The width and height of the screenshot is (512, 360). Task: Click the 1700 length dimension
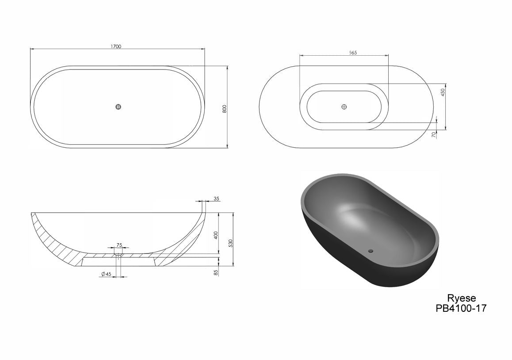(116, 46)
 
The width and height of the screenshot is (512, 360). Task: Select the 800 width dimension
(224, 109)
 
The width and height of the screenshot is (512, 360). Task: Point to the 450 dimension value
(443, 92)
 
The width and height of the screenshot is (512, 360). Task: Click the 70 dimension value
(434, 134)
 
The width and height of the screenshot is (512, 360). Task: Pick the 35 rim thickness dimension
(216, 198)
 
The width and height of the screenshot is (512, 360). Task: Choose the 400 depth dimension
(216, 235)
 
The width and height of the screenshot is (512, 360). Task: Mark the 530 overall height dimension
(230, 243)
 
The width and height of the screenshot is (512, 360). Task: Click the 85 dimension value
(216, 272)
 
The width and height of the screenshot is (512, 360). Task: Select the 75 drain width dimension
(119, 245)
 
